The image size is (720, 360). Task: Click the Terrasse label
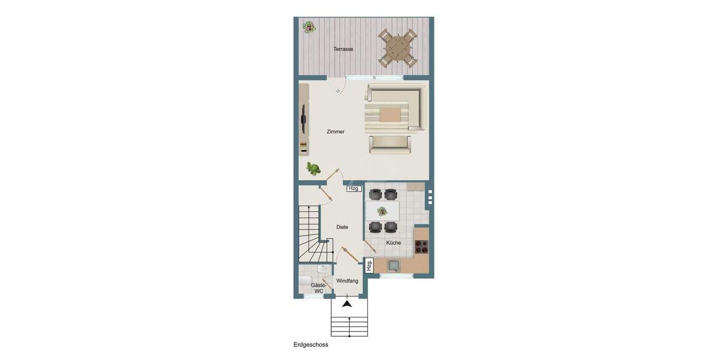click(343, 49)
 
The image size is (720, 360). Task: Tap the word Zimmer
click(335, 131)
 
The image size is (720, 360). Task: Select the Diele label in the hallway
click(342, 227)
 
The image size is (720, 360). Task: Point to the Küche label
click(394, 242)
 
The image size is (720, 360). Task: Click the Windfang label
click(347, 281)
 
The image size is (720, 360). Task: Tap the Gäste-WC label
click(318, 288)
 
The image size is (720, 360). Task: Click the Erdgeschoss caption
click(311, 345)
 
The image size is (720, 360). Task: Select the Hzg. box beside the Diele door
click(354, 188)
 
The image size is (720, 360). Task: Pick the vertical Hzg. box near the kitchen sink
click(369, 265)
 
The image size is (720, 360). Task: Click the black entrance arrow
click(347, 304)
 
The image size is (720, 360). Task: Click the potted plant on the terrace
click(309, 27)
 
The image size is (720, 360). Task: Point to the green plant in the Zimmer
click(312, 168)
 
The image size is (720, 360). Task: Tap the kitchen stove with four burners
click(422, 246)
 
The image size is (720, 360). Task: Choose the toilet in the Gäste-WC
click(305, 282)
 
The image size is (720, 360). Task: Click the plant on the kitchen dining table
click(382, 211)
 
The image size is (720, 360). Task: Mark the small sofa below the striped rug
click(390, 143)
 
